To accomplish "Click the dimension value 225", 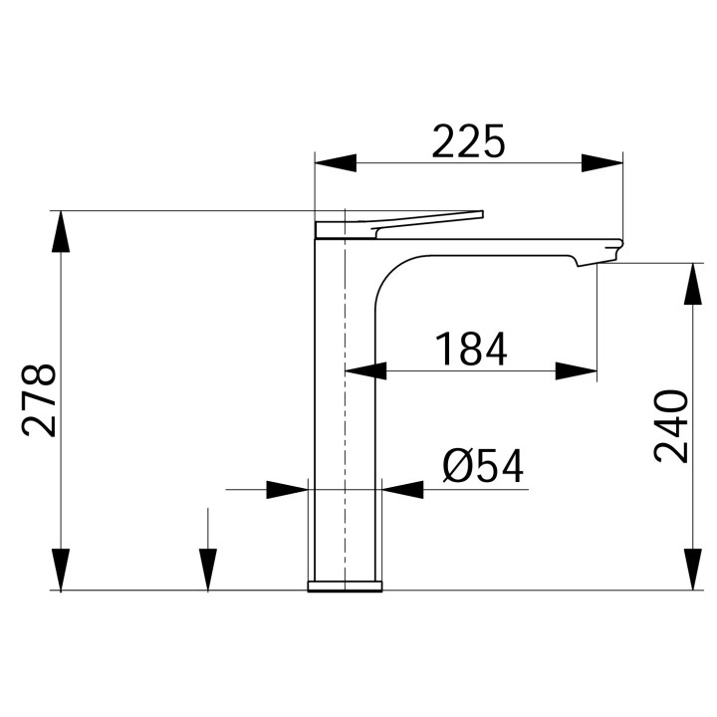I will click(x=469, y=142).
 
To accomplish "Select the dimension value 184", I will click(x=471, y=350).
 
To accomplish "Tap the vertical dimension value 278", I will click(x=39, y=400).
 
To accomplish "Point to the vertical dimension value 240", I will click(x=671, y=426).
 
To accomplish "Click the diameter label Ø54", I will click(x=483, y=466).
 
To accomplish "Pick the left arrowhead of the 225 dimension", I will click(x=335, y=163).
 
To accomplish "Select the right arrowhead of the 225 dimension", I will click(x=602, y=163).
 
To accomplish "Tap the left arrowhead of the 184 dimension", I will click(x=364, y=371).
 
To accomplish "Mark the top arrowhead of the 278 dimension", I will click(x=62, y=231).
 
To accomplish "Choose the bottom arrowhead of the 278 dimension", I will click(x=62, y=570).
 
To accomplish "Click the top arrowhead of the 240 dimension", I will click(x=690, y=284).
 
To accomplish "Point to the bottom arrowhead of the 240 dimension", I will click(x=690, y=570).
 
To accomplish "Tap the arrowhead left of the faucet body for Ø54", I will click(x=288, y=489).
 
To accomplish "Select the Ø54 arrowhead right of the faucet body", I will click(x=402, y=489).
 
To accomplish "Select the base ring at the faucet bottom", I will click(x=345, y=585).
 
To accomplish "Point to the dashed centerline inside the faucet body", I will click(x=344, y=398).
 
